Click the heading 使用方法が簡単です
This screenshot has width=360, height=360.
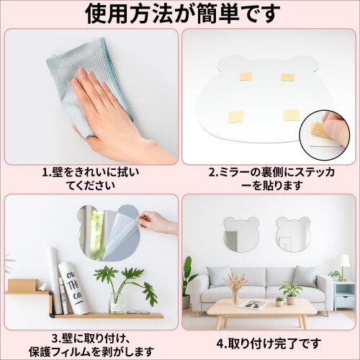[183, 13]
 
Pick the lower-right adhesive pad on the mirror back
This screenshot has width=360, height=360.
[291, 115]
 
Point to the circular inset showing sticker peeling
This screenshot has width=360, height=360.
[325, 135]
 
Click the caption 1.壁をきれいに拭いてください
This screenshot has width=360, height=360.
[91, 179]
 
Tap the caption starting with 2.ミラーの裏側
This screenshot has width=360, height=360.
[271, 179]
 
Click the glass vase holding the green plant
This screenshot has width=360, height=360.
[116, 303]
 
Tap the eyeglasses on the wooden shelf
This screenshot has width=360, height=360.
[138, 312]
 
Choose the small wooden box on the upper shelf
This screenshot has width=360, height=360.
[23, 284]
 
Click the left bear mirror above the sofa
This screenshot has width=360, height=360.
[241, 234]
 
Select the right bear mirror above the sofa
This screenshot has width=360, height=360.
[294, 235]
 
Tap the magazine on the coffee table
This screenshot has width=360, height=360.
[254, 304]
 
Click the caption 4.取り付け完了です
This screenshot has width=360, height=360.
[269, 343]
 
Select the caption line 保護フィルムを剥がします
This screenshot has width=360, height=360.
[91, 352]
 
